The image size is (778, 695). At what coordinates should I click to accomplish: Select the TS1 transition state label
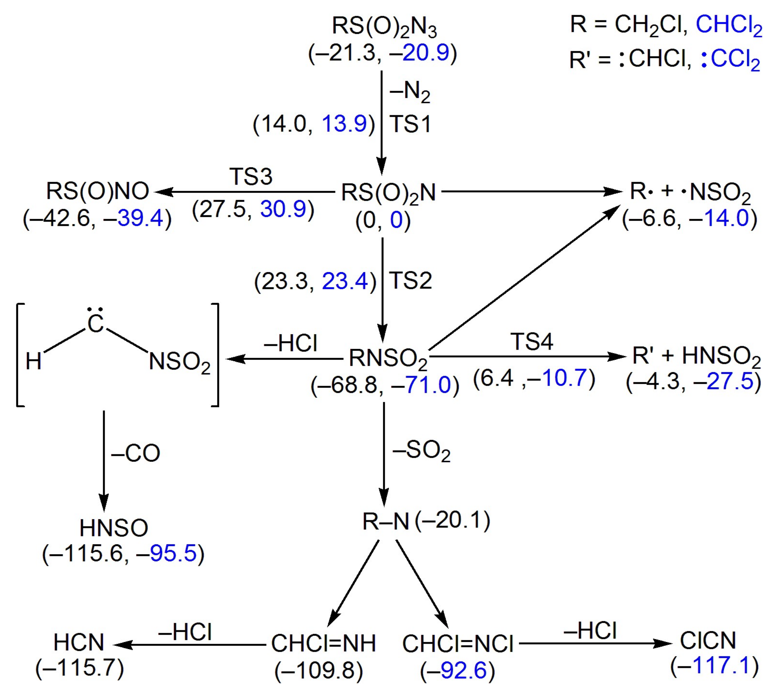point(410,124)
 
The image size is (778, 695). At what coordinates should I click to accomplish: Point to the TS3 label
point(251,176)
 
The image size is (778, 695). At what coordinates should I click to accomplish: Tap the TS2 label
point(410,281)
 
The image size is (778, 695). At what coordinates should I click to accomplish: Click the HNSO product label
point(114,528)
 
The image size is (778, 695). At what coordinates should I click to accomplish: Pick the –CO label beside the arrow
point(136,453)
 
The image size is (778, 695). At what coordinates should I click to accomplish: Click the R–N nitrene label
point(385,522)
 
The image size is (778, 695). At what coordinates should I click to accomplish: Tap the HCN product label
point(79,642)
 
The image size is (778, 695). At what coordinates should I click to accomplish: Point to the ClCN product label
point(708,640)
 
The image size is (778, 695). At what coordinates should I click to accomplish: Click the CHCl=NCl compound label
point(458,643)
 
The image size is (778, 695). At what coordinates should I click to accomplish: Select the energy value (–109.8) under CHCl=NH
point(318,670)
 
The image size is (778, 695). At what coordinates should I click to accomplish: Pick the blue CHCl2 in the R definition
point(729,25)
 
